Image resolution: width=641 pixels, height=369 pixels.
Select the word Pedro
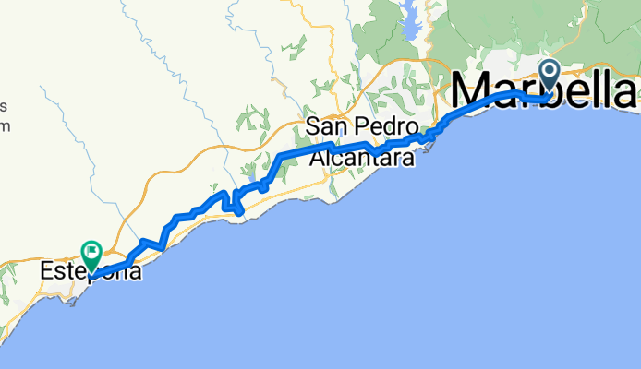[x=389, y=126]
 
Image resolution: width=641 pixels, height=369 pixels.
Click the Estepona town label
[x=91, y=273]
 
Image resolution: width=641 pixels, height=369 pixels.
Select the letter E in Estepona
[x=47, y=273]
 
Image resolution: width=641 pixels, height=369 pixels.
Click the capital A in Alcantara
[x=317, y=158]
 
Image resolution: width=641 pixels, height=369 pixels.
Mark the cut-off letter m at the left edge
[x=5, y=125]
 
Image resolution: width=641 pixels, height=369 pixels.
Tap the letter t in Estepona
[x=68, y=273]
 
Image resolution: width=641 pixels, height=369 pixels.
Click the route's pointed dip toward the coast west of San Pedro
[x=240, y=212]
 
